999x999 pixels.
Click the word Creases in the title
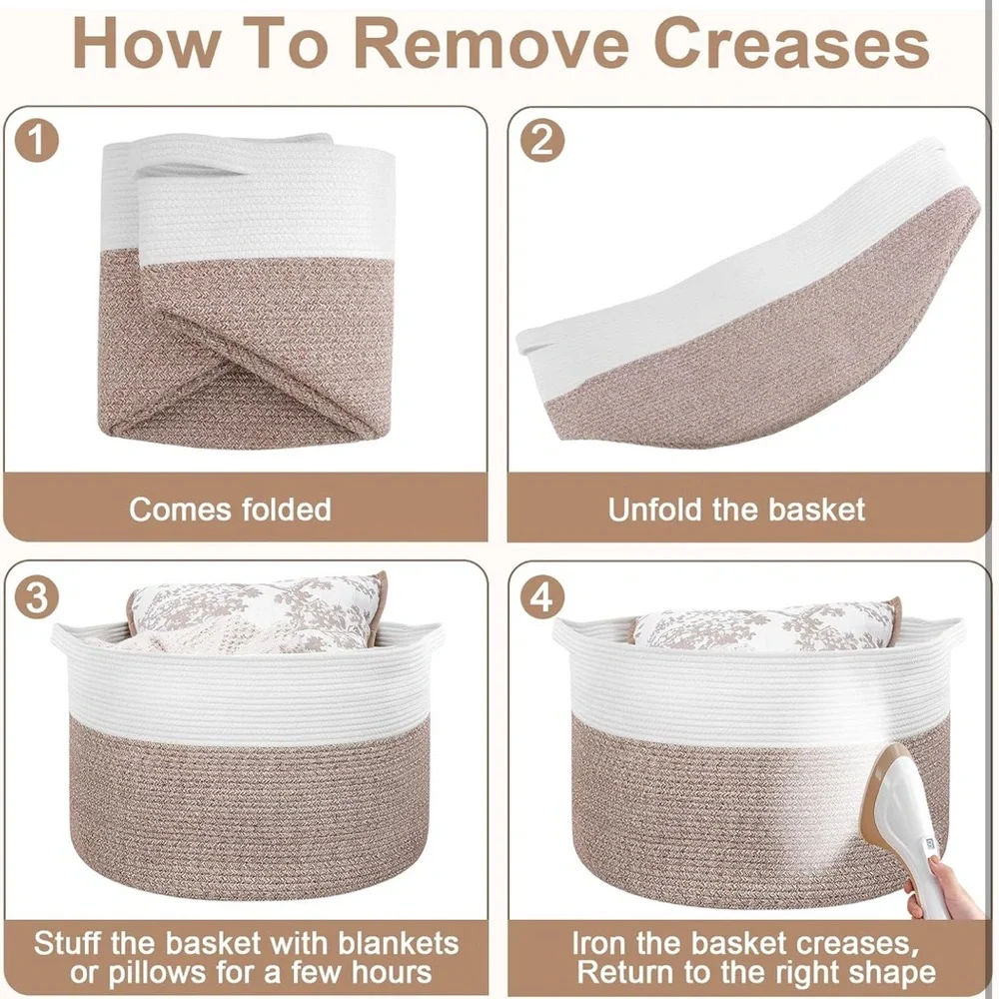[x=791, y=43]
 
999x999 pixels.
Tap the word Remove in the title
[x=491, y=43]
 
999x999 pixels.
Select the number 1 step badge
[x=36, y=141]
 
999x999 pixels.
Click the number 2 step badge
[x=542, y=140]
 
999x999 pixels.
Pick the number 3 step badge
[x=36, y=597]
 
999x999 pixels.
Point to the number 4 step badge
[x=542, y=597]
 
